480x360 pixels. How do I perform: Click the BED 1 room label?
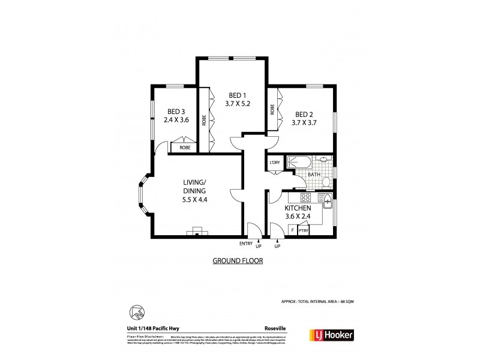tap(237, 95)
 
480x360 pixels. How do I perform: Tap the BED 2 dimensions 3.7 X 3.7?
tap(304, 123)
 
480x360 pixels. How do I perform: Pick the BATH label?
tap(314, 176)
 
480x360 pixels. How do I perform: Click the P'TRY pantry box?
tap(304, 229)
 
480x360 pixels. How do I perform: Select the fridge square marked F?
tap(292, 229)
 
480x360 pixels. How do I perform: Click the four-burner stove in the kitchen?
tap(304, 198)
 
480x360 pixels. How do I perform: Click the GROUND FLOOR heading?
tap(238, 262)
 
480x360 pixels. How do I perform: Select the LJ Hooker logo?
tap(331, 335)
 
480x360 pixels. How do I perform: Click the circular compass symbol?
tap(136, 312)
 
